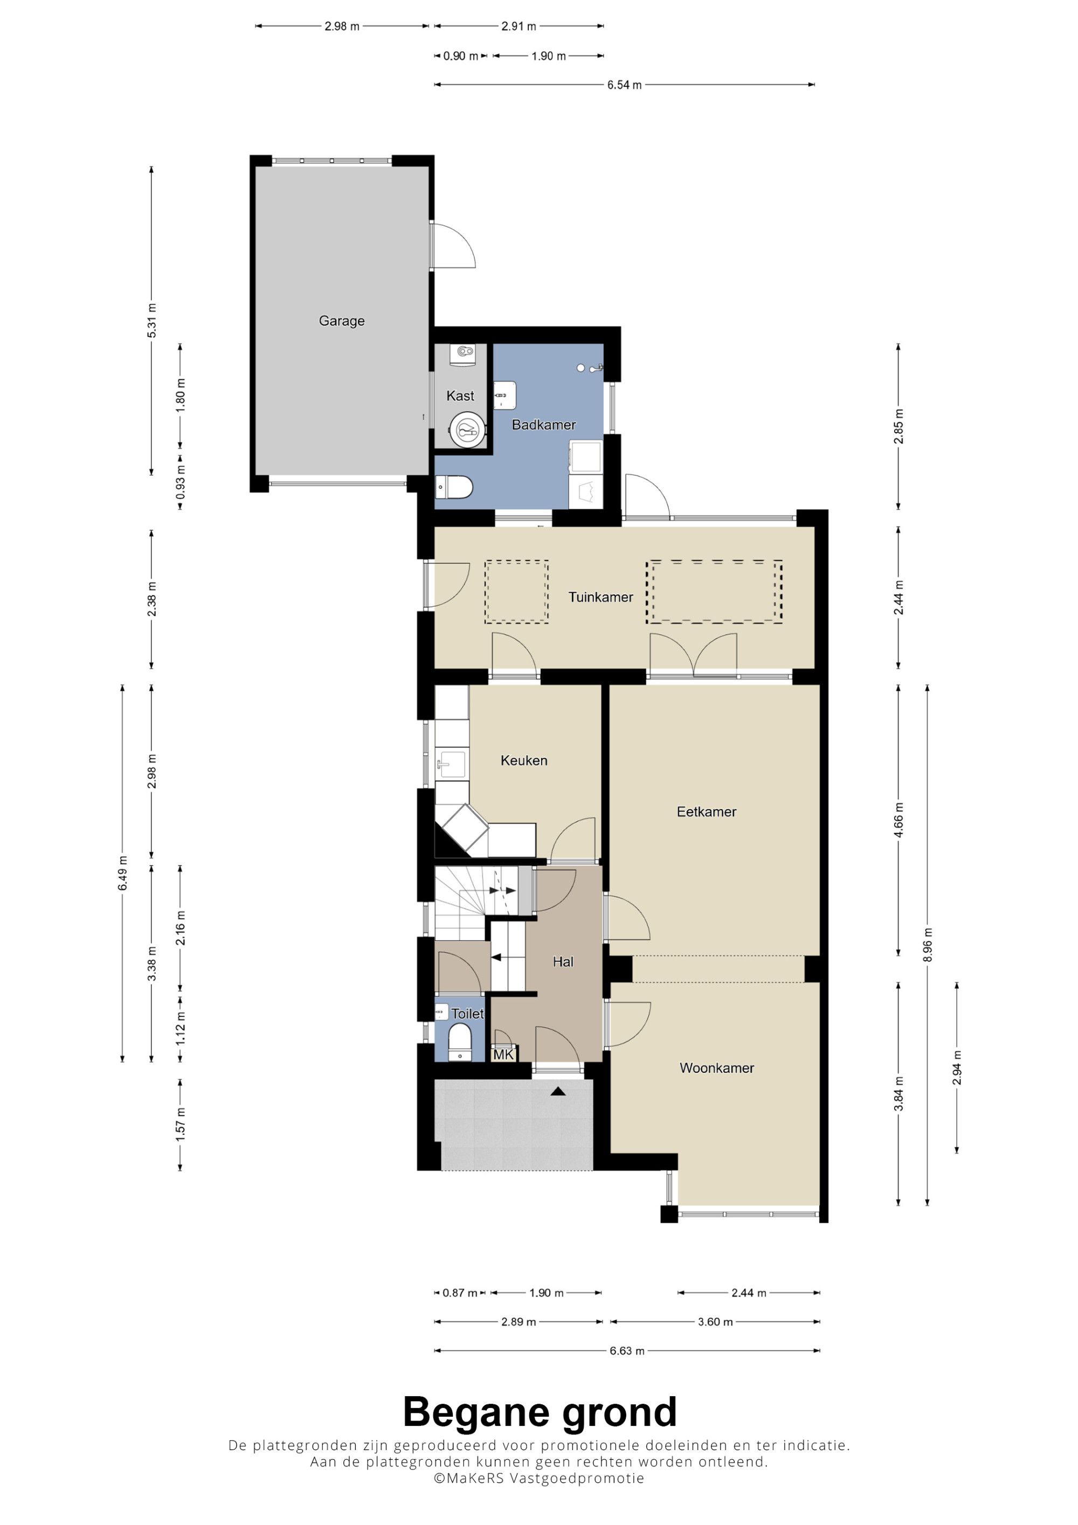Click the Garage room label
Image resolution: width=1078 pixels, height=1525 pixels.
341,321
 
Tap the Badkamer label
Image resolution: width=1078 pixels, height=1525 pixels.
543,425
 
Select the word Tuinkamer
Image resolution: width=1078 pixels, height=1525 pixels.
600,597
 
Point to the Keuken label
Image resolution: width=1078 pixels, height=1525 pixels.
524,760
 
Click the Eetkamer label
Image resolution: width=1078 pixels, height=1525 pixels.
707,812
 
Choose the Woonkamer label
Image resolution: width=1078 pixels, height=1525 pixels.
717,1068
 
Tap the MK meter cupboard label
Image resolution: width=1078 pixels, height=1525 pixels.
503,1054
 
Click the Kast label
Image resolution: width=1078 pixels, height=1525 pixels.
460,396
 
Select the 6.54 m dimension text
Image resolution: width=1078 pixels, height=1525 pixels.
624,85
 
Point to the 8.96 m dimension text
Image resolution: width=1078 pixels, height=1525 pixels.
928,945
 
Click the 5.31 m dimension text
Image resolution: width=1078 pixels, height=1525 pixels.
152,320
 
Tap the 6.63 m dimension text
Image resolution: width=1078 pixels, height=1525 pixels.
627,1351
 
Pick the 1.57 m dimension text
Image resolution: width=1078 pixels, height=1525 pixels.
180,1125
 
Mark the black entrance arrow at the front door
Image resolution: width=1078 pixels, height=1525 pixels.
558,1091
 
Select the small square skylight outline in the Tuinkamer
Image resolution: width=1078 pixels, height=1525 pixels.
516,592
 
